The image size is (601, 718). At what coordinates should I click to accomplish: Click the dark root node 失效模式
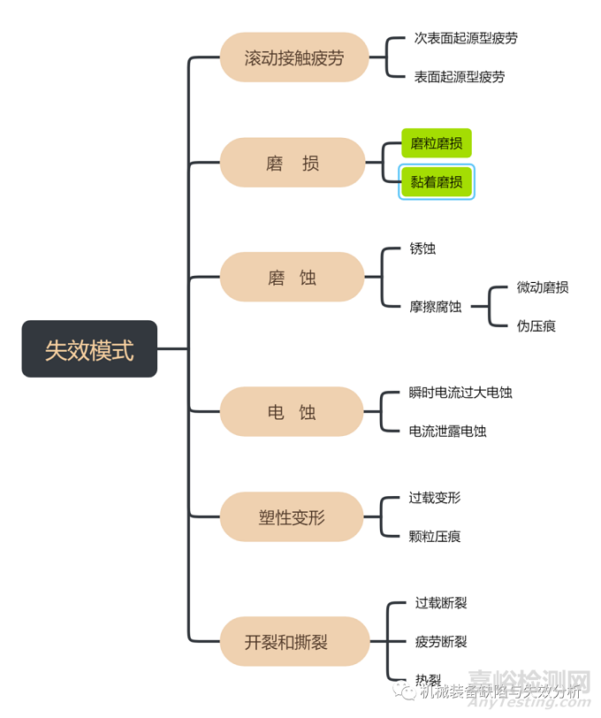[x=89, y=349]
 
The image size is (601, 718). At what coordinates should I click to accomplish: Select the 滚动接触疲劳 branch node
[x=293, y=58]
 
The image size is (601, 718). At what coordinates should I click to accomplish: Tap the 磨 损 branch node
[x=292, y=163]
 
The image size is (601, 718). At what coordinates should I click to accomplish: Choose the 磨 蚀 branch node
[x=292, y=278]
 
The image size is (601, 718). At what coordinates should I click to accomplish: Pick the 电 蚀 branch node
[x=292, y=412]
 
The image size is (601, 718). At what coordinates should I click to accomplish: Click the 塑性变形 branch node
[x=292, y=517]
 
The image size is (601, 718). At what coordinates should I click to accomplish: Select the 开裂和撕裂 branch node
[x=293, y=642]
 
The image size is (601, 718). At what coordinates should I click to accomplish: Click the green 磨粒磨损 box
[x=436, y=143]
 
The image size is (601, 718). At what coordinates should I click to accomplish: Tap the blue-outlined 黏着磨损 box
[x=437, y=182]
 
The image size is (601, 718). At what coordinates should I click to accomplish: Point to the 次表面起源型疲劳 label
[x=466, y=39]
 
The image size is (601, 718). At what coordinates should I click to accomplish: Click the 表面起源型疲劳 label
[x=460, y=77]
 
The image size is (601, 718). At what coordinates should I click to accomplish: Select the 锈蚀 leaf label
[x=422, y=248]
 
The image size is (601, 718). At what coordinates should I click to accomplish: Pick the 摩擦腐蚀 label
[x=435, y=307]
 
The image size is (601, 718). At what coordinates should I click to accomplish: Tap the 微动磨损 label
[x=542, y=287]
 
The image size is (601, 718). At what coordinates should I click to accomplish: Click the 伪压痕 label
[x=536, y=326]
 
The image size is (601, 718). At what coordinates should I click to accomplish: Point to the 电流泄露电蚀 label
[x=447, y=432]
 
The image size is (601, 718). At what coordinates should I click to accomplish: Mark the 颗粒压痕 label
[x=435, y=536]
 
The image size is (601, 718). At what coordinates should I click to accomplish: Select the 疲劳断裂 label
[x=441, y=642]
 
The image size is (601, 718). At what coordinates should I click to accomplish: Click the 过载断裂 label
[x=441, y=603]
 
